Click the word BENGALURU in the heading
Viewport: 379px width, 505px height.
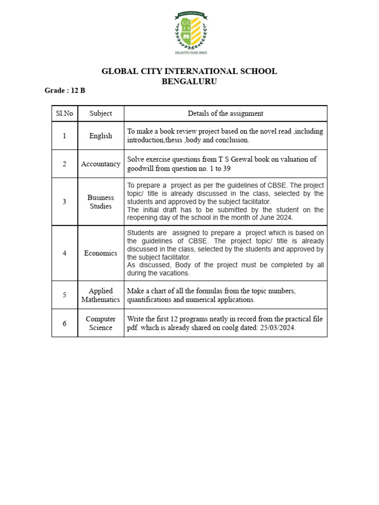pyautogui.click(x=189, y=81)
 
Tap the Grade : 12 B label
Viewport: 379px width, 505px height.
pyautogui.click(x=65, y=91)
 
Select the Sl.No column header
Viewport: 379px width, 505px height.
pyautogui.click(x=64, y=113)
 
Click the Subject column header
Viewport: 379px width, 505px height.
pyautogui.click(x=101, y=113)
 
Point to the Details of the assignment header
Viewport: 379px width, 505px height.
pyautogui.click(x=226, y=113)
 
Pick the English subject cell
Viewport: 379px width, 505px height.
pyautogui.click(x=101, y=136)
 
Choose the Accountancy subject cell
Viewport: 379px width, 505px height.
pyautogui.click(x=101, y=164)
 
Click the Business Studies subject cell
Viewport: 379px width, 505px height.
pyautogui.click(x=101, y=202)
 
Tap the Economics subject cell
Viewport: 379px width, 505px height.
pyautogui.click(x=101, y=253)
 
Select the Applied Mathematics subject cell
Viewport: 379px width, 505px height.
pyautogui.click(x=101, y=295)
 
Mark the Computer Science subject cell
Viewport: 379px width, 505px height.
pyautogui.click(x=101, y=323)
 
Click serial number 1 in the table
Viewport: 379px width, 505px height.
pyautogui.click(x=64, y=136)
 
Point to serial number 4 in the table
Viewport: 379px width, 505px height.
pyautogui.click(x=64, y=253)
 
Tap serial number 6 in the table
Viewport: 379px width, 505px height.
pyautogui.click(x=64, y=323)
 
